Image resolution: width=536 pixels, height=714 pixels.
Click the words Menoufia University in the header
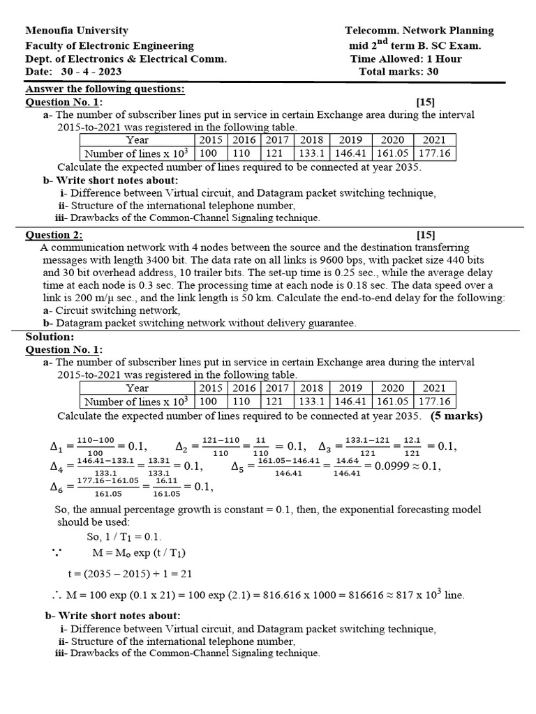[77, 31]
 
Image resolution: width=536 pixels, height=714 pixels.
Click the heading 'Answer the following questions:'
[105, 89]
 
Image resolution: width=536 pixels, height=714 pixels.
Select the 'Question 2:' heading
[54, 235]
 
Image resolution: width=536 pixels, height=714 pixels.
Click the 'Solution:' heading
[49, 337]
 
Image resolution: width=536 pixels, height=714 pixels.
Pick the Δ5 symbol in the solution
[237, 466]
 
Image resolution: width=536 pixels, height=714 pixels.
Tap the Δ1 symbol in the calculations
[57, 447]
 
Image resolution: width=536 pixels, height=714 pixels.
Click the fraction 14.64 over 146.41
[346, 466]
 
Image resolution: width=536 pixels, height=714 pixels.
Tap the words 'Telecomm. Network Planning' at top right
[419, 31]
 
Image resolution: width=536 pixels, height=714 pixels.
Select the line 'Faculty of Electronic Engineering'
[110, 45]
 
